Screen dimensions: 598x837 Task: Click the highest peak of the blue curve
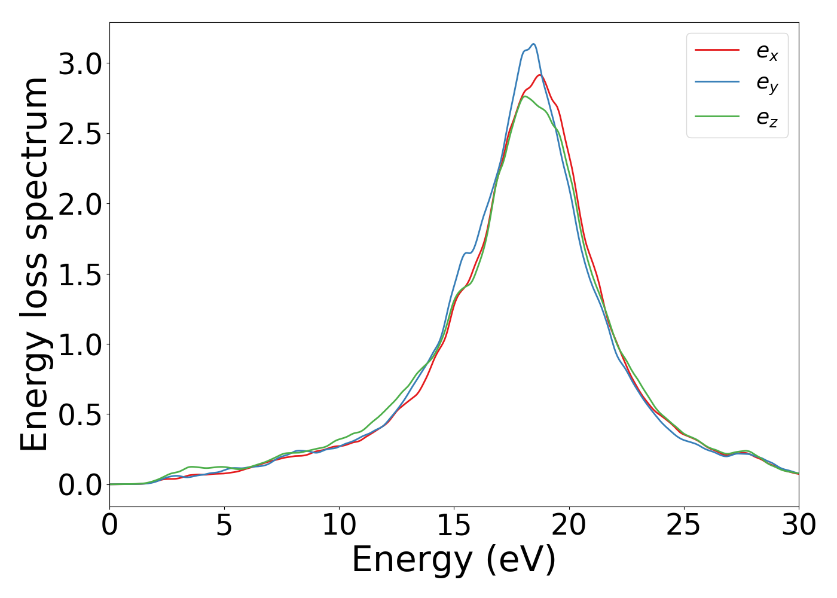533,44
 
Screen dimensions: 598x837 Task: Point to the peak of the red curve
539,75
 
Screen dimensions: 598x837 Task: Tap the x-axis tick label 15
454,526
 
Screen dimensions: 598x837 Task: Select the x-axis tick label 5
224,526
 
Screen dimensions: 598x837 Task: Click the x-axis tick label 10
339,526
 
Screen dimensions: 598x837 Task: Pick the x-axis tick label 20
569,526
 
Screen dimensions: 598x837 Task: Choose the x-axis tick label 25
683,526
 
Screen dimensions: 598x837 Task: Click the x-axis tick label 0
109,526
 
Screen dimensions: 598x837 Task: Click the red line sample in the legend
717,50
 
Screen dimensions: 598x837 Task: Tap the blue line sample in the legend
717,83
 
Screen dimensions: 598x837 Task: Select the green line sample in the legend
717,116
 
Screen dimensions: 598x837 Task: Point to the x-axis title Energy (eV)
454,560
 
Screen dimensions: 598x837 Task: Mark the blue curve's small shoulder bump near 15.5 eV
466,253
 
